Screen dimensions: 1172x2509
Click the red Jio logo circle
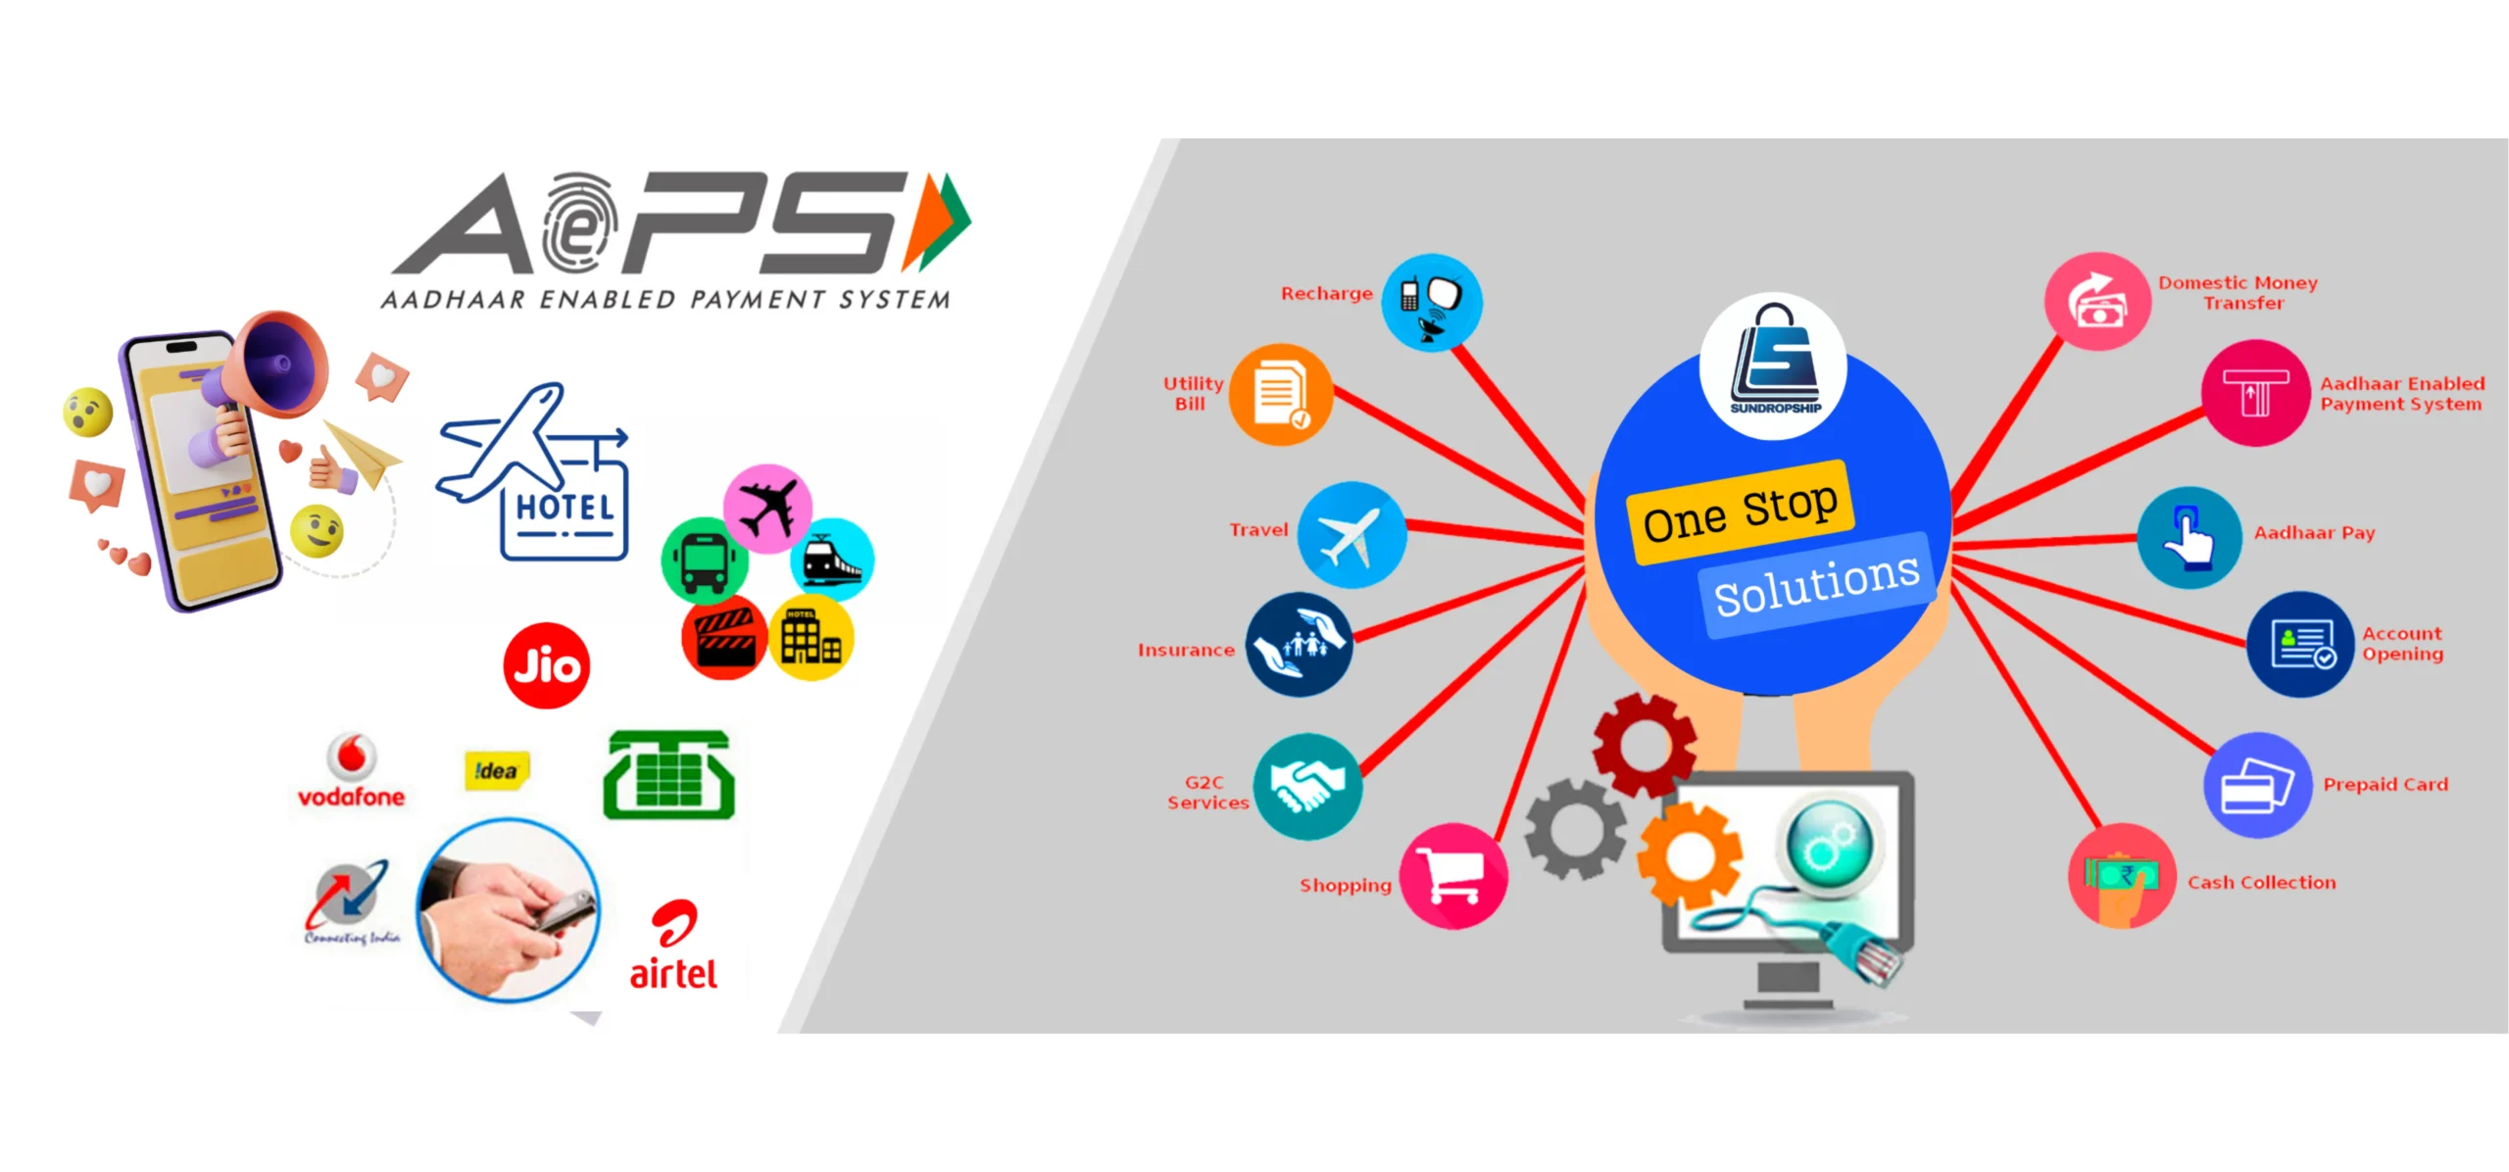tap(546, 665)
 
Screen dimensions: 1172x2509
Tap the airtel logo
tap(673, 947)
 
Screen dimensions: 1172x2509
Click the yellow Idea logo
tap(496, 770)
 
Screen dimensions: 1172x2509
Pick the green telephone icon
tap(668, 775)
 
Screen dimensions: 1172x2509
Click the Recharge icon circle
tap(1431, 301)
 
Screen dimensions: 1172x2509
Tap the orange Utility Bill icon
tap(1280, 394)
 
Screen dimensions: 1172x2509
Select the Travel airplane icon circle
tap(1352, 535)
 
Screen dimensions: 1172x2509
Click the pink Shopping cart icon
tap(1453, 875)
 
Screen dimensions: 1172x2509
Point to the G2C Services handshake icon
tap(1307, 786)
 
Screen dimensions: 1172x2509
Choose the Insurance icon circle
tap(1299, 644)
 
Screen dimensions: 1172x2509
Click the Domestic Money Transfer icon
tap(2097, 301)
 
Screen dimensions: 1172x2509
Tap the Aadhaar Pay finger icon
tap(2189, 537)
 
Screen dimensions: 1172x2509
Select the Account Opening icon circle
tap(2299, 645)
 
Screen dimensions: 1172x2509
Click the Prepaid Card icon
tap(2257, 785)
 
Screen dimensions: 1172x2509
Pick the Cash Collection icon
tap(2121, 876)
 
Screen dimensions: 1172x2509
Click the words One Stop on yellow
tap(1740, 512)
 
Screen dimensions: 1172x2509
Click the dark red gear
tap(1644, 745)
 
